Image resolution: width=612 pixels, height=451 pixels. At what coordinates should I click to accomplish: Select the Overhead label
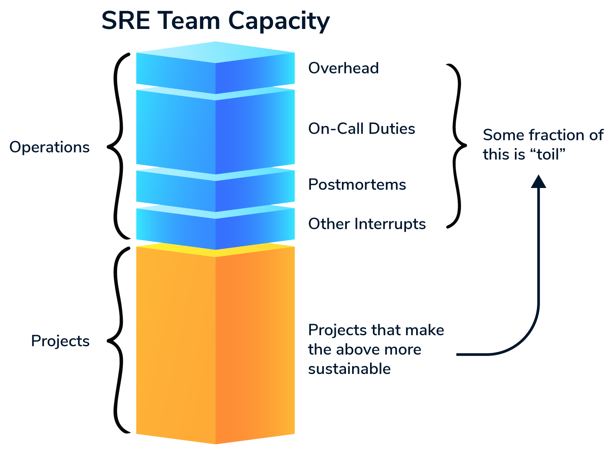pos(344,68)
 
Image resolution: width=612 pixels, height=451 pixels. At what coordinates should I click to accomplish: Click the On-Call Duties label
pos(361,129)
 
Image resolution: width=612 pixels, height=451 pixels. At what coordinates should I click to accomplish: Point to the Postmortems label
pos(357,185)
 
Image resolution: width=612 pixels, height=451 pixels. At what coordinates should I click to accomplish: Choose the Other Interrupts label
pos(367,224)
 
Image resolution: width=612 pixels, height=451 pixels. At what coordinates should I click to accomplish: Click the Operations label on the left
pos(49,147)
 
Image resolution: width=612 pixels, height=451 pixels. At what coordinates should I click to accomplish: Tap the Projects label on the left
pos(60,341)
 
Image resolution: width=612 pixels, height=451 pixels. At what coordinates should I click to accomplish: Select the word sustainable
pos(349,369)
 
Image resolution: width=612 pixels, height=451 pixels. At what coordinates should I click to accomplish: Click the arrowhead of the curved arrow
pos(538,181)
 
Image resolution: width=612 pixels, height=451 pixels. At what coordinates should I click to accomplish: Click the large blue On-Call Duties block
pos(215,130)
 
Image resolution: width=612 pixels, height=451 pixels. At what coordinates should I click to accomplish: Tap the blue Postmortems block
pos(215,190)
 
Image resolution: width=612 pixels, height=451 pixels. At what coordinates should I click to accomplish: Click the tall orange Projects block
pos(215,347)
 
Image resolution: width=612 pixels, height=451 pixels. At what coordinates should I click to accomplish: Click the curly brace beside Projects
pos(118,340)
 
